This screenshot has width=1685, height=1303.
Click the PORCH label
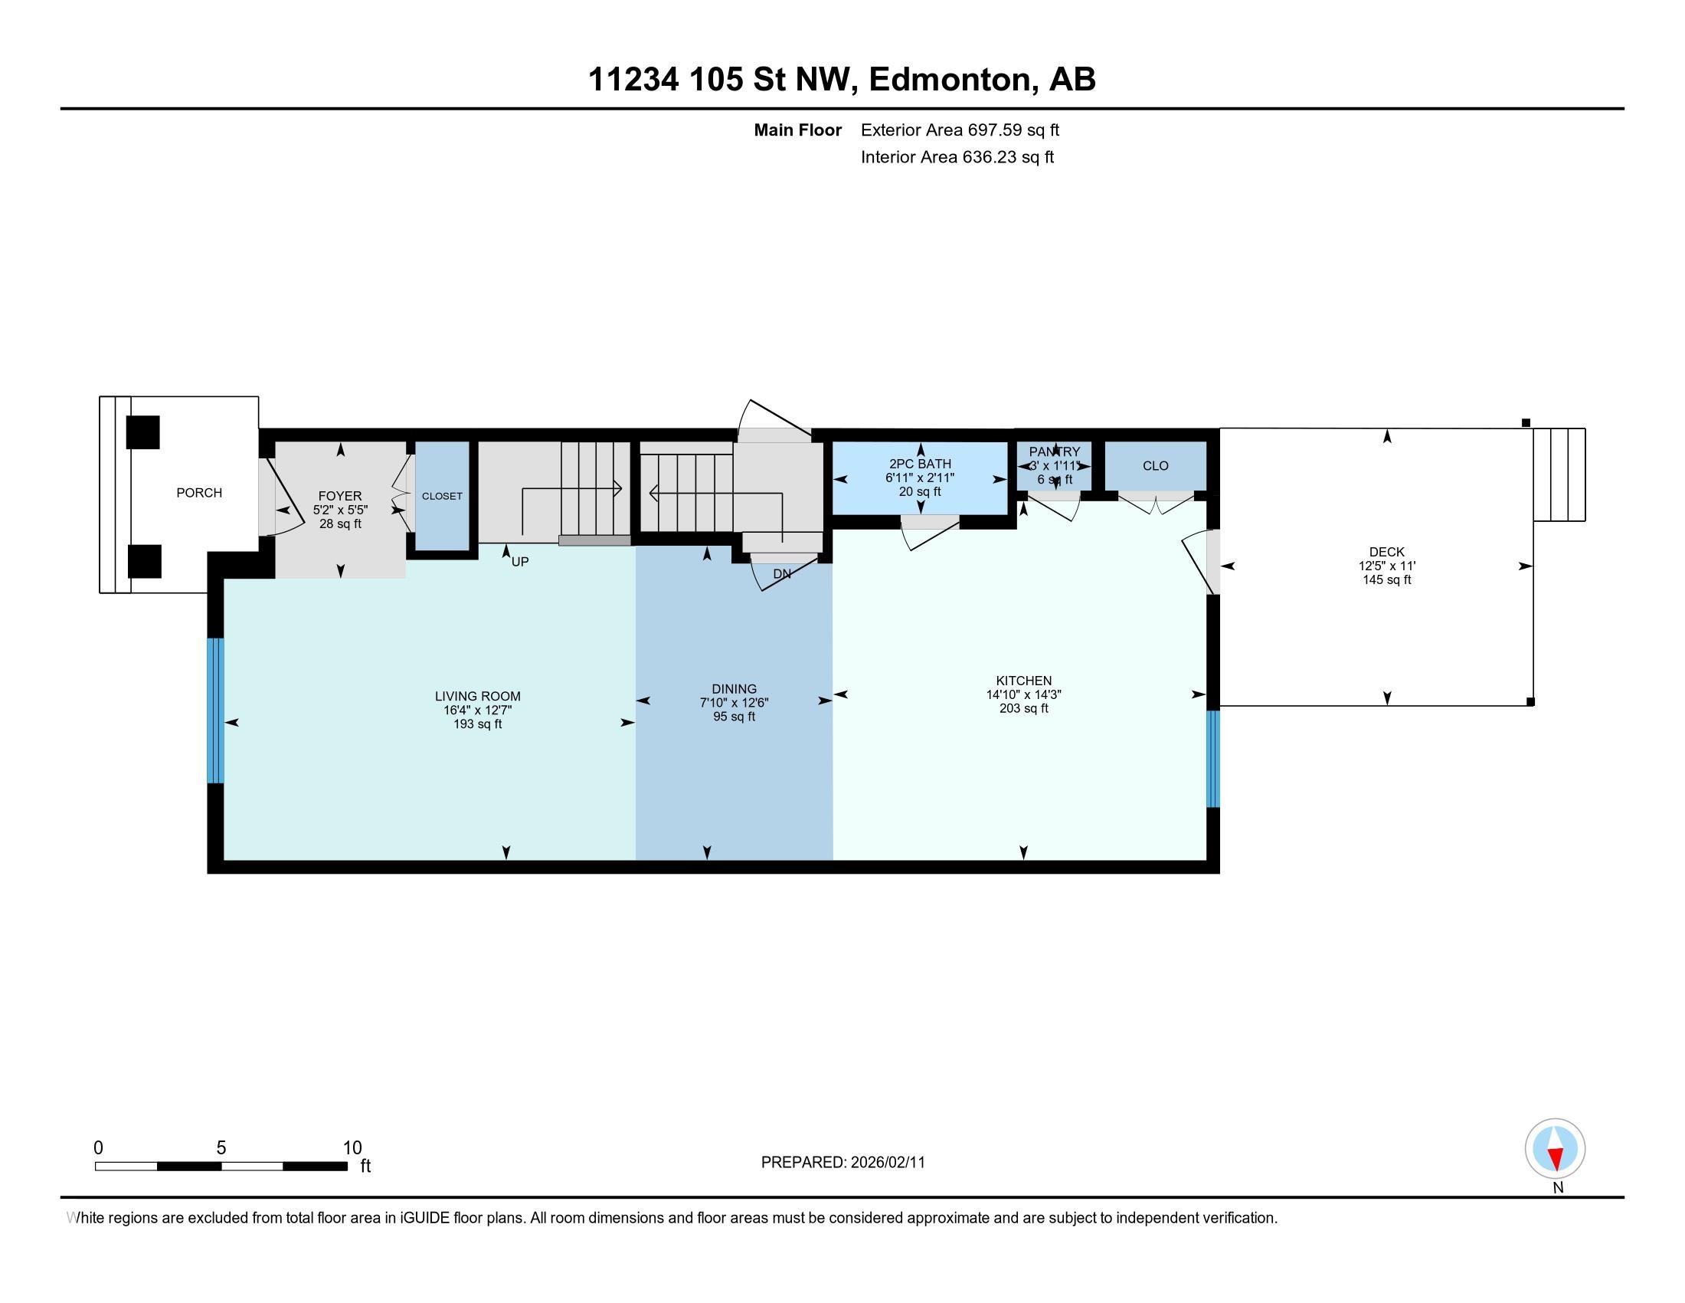(x=199, y=493)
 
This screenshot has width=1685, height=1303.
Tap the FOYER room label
(x=339, y=497)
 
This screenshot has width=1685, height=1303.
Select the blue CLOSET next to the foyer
(x=442, y=497)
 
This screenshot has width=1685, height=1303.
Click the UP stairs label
(x=520, y=562)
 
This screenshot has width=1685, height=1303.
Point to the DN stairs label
(x=781, y=574)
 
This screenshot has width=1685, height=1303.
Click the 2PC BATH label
(x=920, y=464)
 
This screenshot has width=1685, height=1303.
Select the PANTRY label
(x=1054, y=451)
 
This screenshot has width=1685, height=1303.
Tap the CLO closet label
(x=1155, y=465)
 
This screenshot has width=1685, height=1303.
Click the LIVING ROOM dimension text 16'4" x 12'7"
(x=478, y=711)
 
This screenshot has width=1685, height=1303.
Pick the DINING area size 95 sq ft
(x=734, y=717)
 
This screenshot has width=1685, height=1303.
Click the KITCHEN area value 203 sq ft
(x=1023, y=708)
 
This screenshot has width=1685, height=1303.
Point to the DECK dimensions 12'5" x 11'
(x=1386, y=566)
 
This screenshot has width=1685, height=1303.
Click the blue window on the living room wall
(x=216, y=711)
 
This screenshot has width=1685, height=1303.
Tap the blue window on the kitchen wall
(x=1213, y=759)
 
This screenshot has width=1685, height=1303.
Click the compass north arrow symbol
(x=1555, y=1149)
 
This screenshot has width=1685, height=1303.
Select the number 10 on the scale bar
(x=352, y=1148)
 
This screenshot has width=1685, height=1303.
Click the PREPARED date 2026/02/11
(x=887, y=1163)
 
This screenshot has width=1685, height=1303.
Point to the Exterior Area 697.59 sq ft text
(x=960, y=130)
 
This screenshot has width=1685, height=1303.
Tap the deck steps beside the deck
(x=1559, y=474)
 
